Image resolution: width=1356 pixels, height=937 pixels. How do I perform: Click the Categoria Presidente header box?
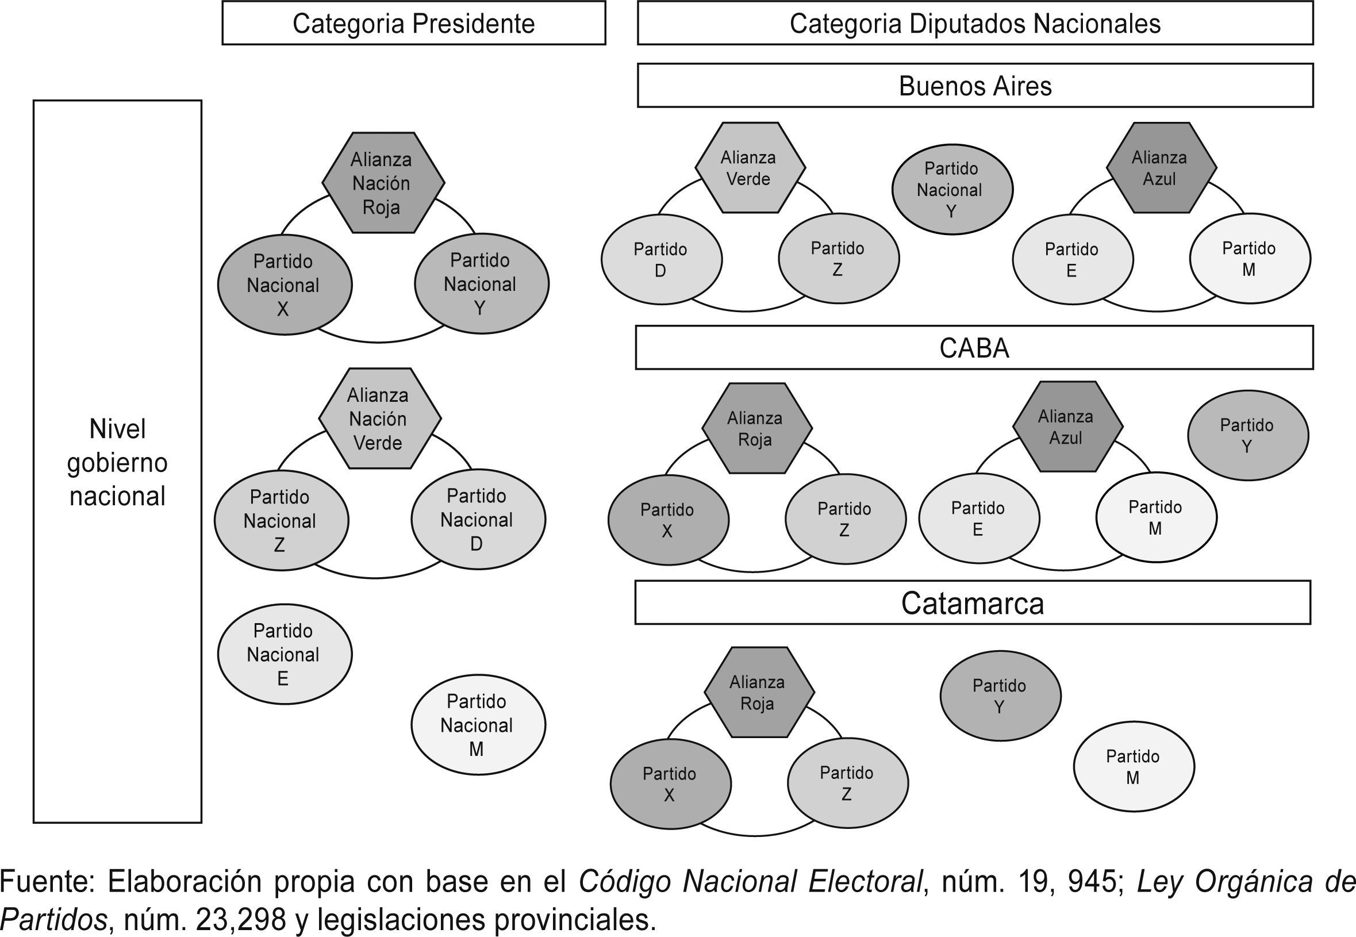coord(413,24)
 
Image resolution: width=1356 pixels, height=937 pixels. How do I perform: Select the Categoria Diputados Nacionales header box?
coord(974,24)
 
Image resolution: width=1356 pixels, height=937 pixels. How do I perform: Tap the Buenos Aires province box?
coord(974,86)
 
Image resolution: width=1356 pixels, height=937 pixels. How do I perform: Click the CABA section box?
coord(973,348)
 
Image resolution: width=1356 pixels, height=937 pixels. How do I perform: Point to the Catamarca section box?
coord(972,603)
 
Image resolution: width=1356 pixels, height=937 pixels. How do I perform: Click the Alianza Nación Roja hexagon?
coord(382,183)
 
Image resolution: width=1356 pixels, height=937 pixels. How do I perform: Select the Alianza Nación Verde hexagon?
coord(379,418)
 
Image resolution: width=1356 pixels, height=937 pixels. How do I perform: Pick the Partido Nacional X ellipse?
coord(284,285)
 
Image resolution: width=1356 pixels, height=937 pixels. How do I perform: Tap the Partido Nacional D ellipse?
coord(478,520)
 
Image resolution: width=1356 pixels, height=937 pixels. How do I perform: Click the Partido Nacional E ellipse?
coord(284,654)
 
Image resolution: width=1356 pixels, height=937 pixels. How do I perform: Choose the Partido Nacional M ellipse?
coord(478,724)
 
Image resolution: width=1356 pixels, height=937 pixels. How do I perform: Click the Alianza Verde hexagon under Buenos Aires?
coord(749,168)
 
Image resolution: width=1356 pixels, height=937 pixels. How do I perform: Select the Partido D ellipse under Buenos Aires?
coord(661,259)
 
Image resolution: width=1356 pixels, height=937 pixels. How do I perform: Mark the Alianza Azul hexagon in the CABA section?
coord(1067,427)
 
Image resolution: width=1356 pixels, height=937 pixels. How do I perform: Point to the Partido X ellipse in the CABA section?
coord(667,520)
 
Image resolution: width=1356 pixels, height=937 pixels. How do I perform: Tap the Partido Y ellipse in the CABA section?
coord(1247,436)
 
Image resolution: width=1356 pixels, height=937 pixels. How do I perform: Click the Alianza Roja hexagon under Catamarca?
coord(758,693)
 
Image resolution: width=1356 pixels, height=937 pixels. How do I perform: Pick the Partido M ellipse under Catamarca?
coord(1133,767)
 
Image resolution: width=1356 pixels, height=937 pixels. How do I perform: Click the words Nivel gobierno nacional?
coord(117,463)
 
